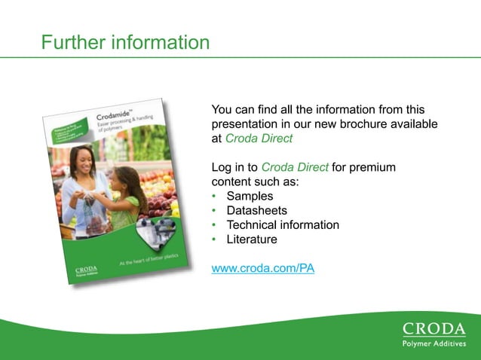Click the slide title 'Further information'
[x=125, y=42]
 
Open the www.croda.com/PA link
[x=263, y=268]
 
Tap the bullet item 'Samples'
[x=250, y=196]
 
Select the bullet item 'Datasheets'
[x=256, y=210]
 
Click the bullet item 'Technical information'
[x=283, y=225]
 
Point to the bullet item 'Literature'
[x=252, y=239]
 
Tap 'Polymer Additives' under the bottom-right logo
[x=434, y=344]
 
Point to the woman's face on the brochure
[x=81, y=159]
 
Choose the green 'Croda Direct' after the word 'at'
[x=259, y=139]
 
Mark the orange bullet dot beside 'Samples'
[x=215, y=197]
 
